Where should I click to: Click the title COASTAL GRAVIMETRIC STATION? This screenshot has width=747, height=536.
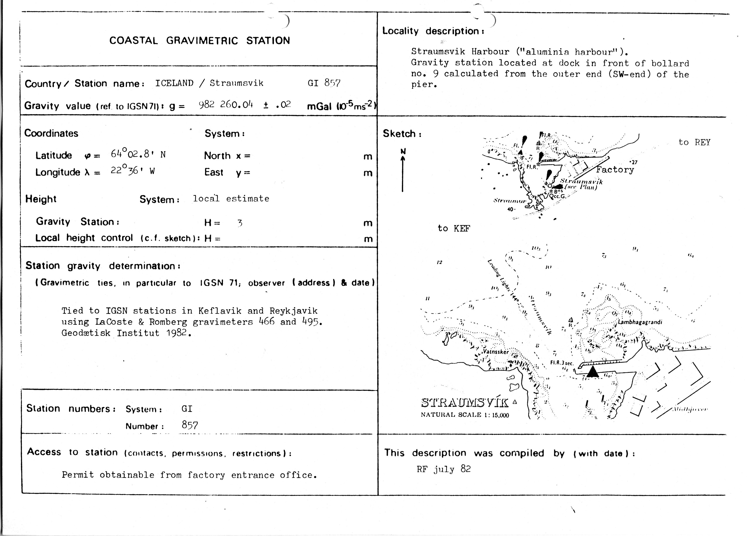pos(200,41)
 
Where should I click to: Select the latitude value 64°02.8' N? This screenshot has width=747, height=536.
pos(138,154)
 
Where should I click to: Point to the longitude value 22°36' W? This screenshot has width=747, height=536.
pos(132,171)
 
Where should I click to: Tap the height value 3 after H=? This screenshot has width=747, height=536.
pos(240,223)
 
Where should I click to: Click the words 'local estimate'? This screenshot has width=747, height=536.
pos(231,198)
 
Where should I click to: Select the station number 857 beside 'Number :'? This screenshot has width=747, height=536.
pos(190,425)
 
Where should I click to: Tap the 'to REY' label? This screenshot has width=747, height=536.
pos(694,143)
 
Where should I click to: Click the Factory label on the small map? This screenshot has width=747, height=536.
pos(615,170)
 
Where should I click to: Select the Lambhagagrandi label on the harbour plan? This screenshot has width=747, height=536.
pos(640,322)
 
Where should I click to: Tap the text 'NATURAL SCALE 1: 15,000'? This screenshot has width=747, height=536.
pos(465,415)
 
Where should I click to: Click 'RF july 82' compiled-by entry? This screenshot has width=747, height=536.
pos(444,469)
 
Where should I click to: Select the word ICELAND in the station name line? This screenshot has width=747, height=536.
pos(174,83)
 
